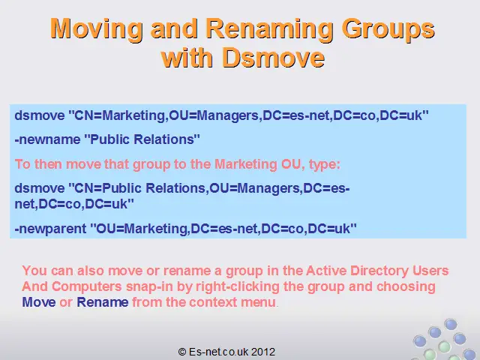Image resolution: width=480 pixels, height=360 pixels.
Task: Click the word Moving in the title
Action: tap(97, 29)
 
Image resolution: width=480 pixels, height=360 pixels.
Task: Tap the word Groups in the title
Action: tap(388, 29)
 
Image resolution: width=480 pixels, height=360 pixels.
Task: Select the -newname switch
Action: tap(47, 139)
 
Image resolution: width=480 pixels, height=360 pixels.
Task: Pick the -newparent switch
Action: tap(50, 229)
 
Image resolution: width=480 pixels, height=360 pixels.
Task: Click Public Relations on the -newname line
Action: tap(142, 139)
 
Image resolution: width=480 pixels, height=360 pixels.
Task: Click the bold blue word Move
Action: tap(39, 302)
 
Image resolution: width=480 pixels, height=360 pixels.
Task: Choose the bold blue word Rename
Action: tap(103, 302)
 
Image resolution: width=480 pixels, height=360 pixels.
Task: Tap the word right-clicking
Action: tap(238, 286)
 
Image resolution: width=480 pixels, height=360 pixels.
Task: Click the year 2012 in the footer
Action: tap(263, 352)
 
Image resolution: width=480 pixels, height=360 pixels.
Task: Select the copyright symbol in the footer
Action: tap(182, 352)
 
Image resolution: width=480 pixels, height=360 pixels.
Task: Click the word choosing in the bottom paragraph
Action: tap(406, 286)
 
